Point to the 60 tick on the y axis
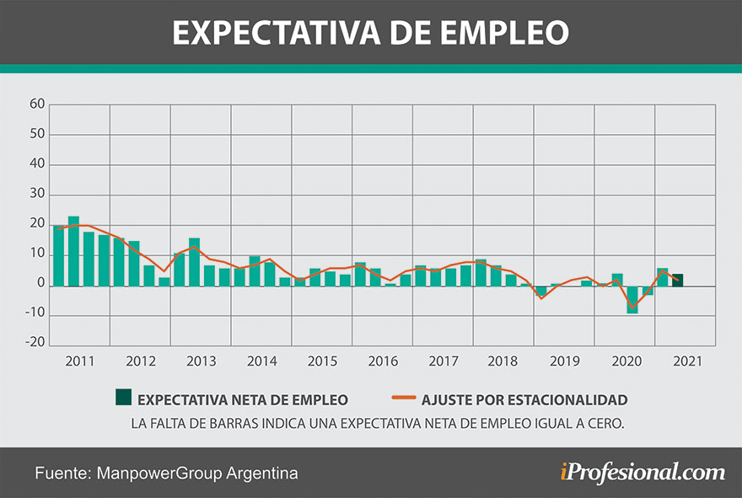point(36,104)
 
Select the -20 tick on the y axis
point(35,342)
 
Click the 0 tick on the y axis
point(40,285)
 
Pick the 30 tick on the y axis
point(36,195)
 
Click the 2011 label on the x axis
point(80,361)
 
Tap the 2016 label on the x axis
point(383,361)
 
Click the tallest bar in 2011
point(74,251)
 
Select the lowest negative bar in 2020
point(632,299)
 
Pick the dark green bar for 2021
point(677,280)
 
